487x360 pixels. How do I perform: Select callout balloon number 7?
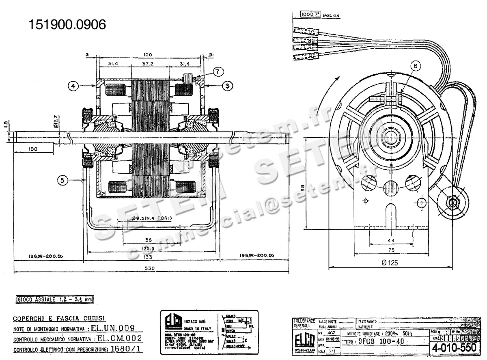(x=218, y=71)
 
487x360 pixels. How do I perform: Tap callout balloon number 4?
(x=73, y=86)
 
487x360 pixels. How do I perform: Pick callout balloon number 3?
(x=228, y=86)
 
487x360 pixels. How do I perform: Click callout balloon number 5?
(x=62, y=181)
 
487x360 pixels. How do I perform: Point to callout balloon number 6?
(x=415, y=65)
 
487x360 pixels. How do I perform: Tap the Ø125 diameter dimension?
(x=390, y=263)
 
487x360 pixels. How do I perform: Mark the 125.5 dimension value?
(x=151, y=248)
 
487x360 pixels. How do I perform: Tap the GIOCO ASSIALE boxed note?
(x=54, y=299)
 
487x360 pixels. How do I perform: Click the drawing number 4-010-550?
(x=453, y=348)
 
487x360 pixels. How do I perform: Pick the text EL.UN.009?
(x=116, y=328)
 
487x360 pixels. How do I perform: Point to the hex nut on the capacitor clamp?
(x=452, y=202)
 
